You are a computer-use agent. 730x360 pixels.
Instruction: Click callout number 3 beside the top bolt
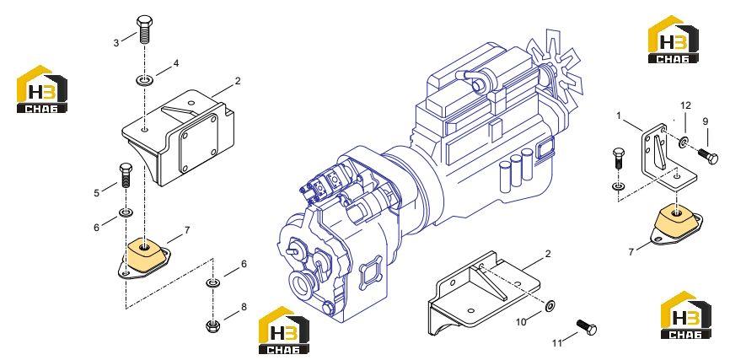116,43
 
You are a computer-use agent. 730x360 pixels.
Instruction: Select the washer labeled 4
143,81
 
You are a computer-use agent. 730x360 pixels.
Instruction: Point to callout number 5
96,193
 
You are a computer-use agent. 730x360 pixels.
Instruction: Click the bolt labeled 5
126,175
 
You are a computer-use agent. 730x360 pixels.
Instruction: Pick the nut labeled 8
212,325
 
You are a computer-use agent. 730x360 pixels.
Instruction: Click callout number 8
244,308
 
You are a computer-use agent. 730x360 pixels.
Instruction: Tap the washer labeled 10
550,306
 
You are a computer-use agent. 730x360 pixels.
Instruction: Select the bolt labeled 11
587,327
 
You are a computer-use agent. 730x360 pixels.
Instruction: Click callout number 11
557,344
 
